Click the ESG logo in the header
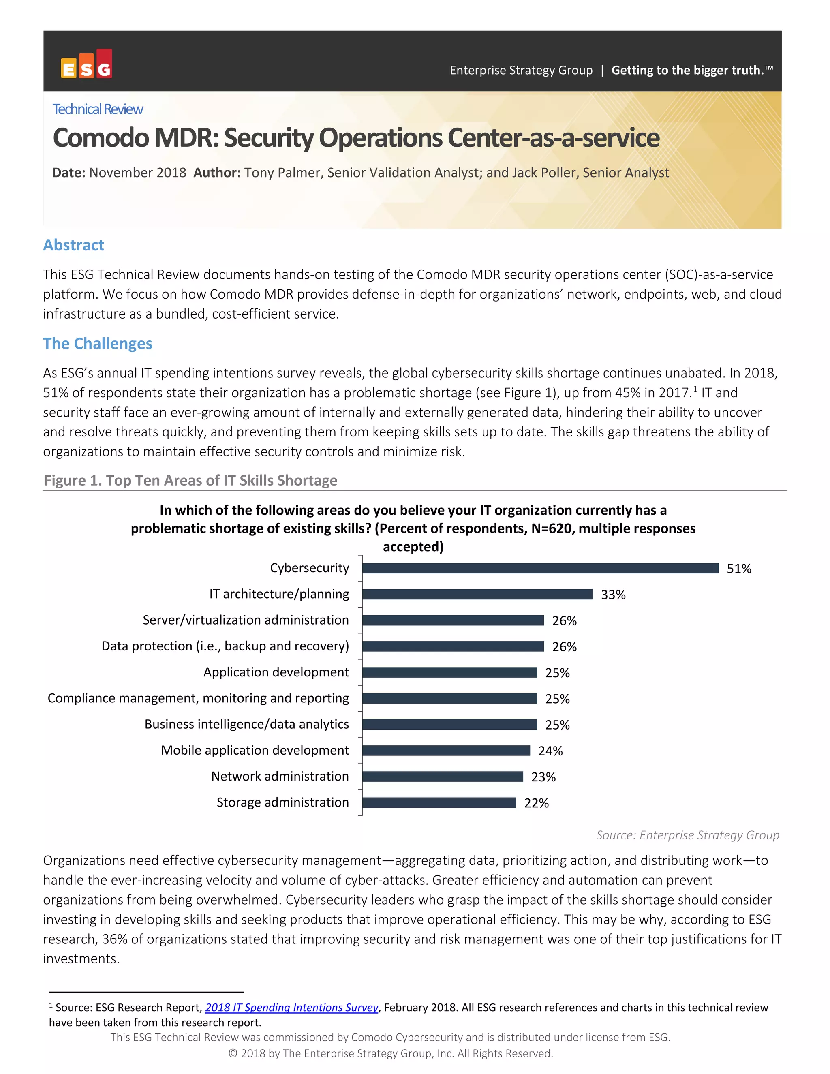click(x=87, y=64)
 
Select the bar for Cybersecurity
click(x=540, y=568)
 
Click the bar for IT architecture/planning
click(x=477, y=594)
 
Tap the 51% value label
click(x=738, y=569)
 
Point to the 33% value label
click(x=613, y=595)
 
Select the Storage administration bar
click(x=439, y=802)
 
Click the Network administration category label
click(x=280, y=776)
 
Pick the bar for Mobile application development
click(x=446, y=751)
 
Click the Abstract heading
click(x=74, y=245)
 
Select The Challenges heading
click(x=98, y=343)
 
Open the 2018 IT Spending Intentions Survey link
click(x=291, y=1007)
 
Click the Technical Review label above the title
click(x=98, y=109)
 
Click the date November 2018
click(x=137, y=173)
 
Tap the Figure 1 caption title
click(x=191, y=480)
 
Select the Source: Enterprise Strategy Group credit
click(x=687, y=835)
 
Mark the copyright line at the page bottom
click(x=390, y=1053)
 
